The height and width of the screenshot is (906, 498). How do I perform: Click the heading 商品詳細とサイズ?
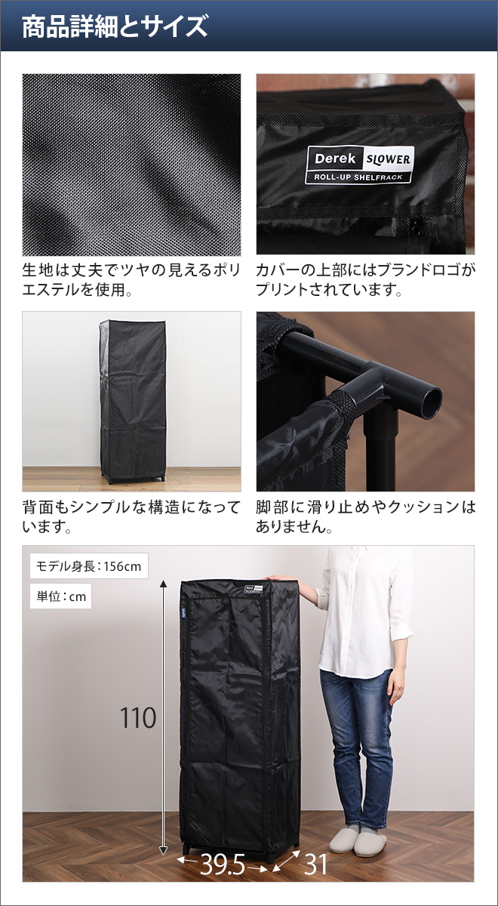click(x=115, y=26)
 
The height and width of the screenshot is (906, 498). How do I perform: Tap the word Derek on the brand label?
click(x=335, y=158)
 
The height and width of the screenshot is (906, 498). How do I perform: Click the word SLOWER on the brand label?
click(x=388, y=159)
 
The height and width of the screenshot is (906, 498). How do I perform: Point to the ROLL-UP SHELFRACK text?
click(x=358, y=177)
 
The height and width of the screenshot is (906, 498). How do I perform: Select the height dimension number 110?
click(x=138, y=718)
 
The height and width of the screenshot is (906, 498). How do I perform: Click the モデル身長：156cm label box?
click(x=89, y=565)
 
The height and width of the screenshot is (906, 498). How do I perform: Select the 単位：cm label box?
click(x=60, y=596)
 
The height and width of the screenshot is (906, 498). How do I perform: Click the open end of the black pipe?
click(x=431, y=402)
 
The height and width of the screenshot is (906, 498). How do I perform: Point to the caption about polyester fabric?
click(x=131, y=279)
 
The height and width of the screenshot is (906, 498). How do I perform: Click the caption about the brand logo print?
click(x=365, y=279)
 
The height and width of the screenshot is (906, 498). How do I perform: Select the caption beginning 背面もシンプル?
click(x=131, y=516)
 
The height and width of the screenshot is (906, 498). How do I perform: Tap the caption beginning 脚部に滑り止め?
click(x=365, y=516)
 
